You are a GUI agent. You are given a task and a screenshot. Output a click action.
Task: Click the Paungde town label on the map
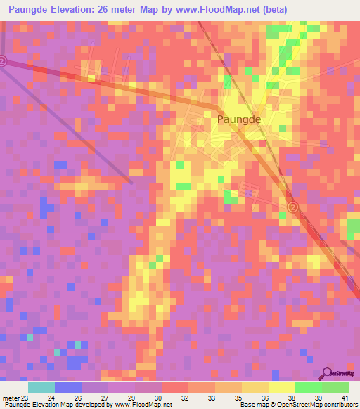pos(239,119)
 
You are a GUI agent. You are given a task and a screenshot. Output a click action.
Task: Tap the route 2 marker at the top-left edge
pos(2,61)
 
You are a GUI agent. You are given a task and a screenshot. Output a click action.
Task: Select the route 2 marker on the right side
pos(293,207)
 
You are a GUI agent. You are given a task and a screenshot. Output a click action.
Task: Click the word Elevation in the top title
pos(79,9)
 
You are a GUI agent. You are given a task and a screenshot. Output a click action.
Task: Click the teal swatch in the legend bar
pos(41,387)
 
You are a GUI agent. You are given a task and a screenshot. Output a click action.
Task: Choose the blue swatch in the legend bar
pos(68,387)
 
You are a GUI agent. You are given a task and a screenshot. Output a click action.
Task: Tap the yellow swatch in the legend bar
pos(281,387)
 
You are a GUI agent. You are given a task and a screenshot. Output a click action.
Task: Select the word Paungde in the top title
pos(30,9)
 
